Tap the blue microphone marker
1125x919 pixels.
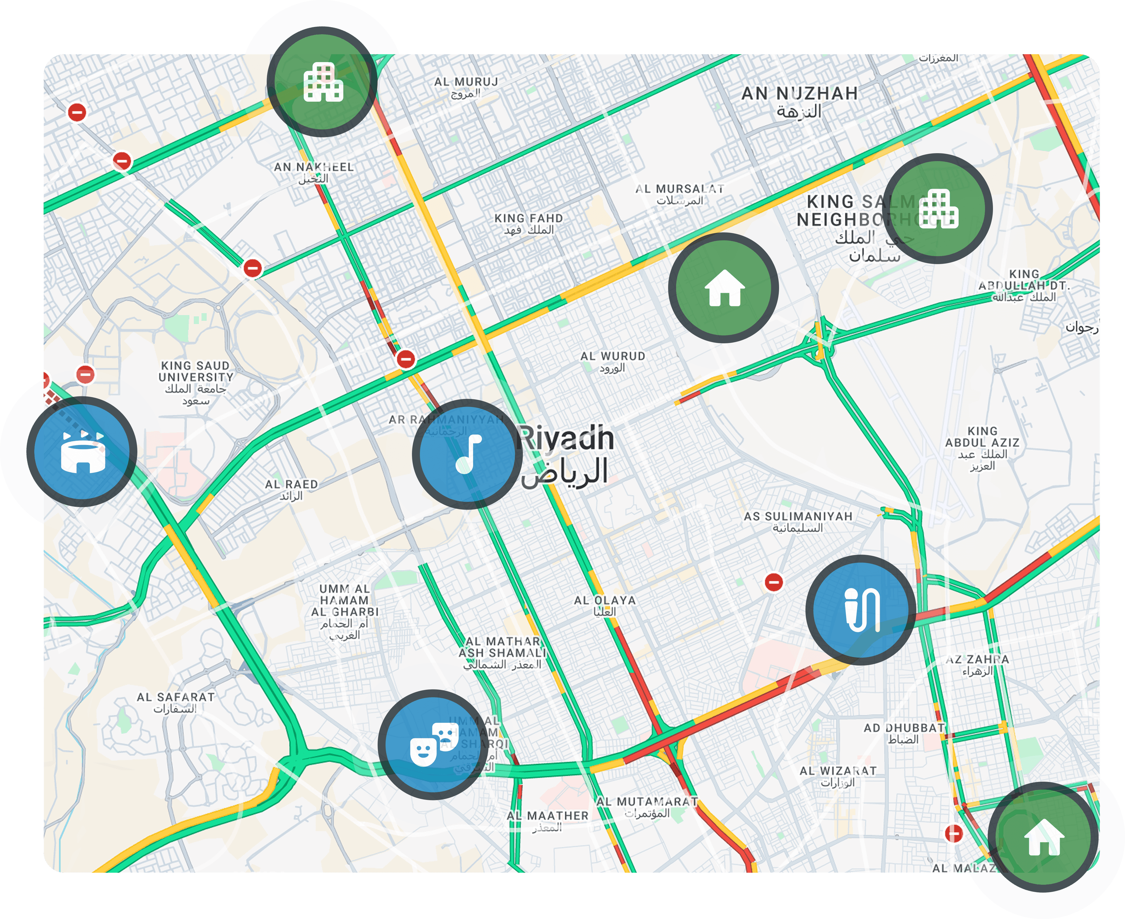pos(861,611)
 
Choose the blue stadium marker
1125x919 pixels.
pos(82,451)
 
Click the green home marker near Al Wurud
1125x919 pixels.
pos(723,288)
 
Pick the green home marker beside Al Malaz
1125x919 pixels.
pos(1043,837)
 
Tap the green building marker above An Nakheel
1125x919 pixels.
pos(322,82)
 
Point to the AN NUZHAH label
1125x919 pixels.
pos(800,94)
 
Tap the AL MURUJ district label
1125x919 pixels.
pos(466,82)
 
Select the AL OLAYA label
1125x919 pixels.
pos(605,600)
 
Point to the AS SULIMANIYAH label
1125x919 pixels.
pos(798,517)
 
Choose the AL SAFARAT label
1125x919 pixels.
pos(176,697)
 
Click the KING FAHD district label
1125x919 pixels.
pos(528,218)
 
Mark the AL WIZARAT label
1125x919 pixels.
pos(838,771)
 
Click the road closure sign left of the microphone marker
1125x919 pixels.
pos(773,582)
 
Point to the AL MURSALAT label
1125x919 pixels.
pos(680,189)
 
